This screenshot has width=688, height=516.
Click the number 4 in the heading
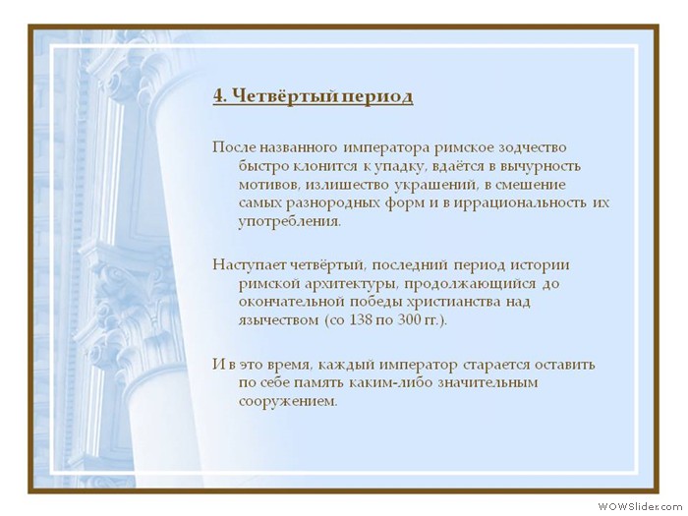pyautogui.click(x=218, y=95)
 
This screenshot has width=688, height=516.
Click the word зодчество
pyautogui.click(x=533, y=147)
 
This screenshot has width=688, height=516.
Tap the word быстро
pyautogui.click(x=263, y=166)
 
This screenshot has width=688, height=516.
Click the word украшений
pyautogui.click(x=435, y=185)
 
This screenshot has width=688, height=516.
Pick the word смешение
pyautogui.click(x=530, y=185)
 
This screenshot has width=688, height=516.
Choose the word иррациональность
pyautogui.click(x=520, y=203)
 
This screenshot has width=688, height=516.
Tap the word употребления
pyautogui.click(x=290, y=221)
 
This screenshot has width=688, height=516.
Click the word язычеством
pyautogui.click(x=278, y=320)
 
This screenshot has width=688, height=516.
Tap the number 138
pyautogui.click(x=361, y=319)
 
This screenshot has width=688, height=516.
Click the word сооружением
pyautogui.click(x=288, y=401)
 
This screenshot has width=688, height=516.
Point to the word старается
pyautogui.click(x=494, y=365)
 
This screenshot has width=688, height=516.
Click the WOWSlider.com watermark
pyautogui.click(x=642, y=507)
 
